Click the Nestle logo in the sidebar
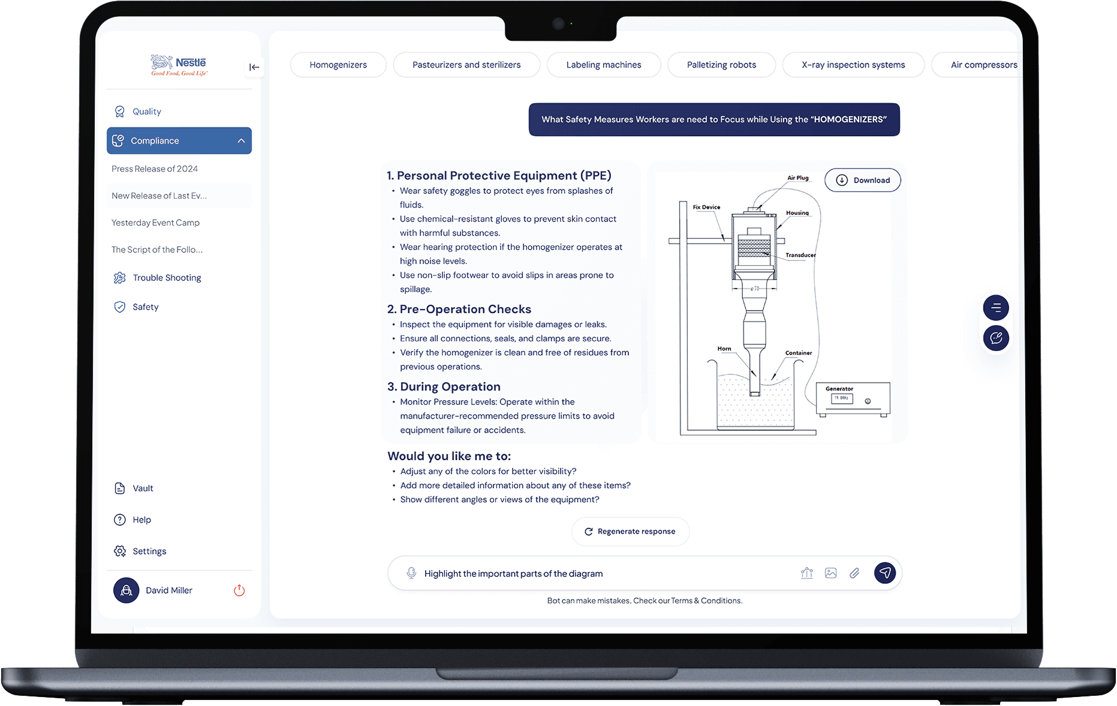(x=179, y=65)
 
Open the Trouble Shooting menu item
(x=158, y=278)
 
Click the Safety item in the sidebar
(x=137, y=307)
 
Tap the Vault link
(x=134, y=488)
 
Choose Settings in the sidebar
(x=140, y=551)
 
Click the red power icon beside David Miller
(x=239, y=590)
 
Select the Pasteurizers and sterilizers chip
(x=466, y=65)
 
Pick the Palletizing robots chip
(x=721, y=65)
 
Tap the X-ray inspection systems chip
(x=853, y=65)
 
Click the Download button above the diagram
(x=863, y=180)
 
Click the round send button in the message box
(x=885, y=573)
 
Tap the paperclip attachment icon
(x=854, y=573)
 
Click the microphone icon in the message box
(x=411, y=573)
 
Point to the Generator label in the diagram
(x=839, y=389)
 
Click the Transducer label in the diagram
(x=800, y=255)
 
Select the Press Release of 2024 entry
(x=155, y=169)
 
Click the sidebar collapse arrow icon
(x=254, y=67)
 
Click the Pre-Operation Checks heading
(x=459, y=309)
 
